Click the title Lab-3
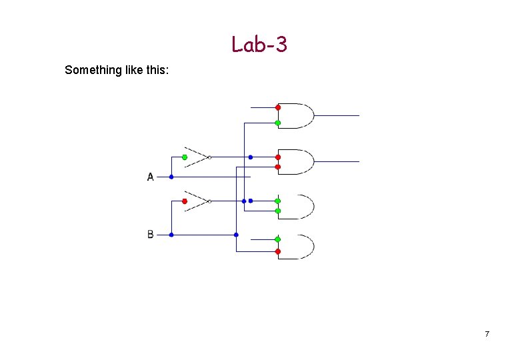tap(259, 44)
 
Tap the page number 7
tap(487, 333)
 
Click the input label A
tap(150, 177)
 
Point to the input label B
tap(150, 235)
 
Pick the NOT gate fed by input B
tap(197, 201)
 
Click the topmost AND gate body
tap(297, 115)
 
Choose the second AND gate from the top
tap(297, 161)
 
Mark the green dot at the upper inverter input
tap(185, 157)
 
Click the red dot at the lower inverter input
tap(185, 201)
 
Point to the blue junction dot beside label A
tap(171, 177)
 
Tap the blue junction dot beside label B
tap(171, 235)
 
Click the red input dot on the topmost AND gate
tap(278, 107)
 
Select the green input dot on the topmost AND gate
tap(278, 123)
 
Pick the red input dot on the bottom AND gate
tap(278, 251)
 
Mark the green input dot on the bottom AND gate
tap(278, 239)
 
